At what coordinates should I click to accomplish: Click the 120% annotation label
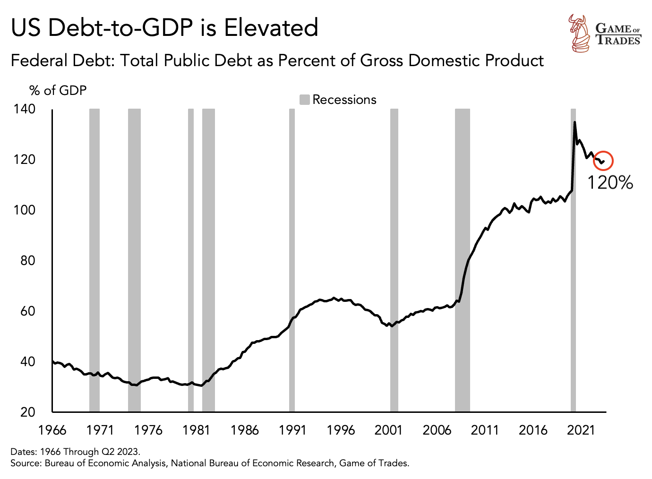pos(609,182)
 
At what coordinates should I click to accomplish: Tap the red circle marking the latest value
pos(603,161)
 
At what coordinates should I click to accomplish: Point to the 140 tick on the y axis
pos(25,109)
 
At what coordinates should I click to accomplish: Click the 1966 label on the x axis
pos(52,430)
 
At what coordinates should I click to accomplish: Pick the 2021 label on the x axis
pos(581,430)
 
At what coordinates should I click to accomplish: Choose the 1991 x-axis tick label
pos(292,430)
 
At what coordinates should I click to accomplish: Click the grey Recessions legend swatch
pos(305,100)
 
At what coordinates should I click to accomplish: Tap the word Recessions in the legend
pos(344,100)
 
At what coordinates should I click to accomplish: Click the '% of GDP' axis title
pos(58,90)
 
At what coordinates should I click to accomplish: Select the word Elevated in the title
pos(271,27)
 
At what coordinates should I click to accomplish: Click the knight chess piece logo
pos(578,33)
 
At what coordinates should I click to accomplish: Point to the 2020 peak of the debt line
pos(575,122)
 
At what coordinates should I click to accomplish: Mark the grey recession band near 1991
pos(292,260)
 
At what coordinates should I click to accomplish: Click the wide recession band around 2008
pos(463,260)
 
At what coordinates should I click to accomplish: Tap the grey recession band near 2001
pos(394,260)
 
